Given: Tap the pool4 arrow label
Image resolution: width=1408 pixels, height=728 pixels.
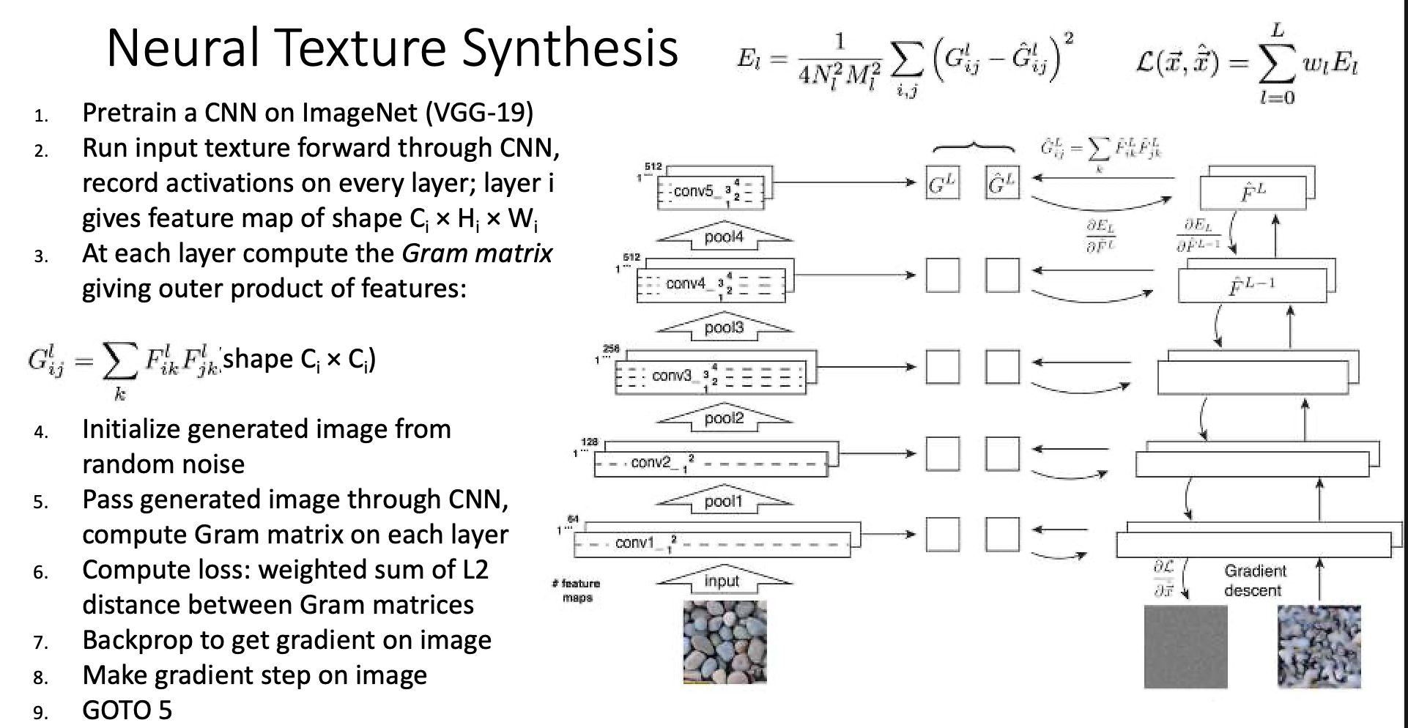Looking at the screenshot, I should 723,237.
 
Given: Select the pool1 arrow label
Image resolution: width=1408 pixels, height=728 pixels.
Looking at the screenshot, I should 723,502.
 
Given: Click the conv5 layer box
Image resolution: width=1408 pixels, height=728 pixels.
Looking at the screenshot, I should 711,192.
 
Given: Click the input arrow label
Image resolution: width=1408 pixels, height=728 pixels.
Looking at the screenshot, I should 722,582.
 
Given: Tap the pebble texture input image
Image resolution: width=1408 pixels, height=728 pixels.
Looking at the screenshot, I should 725,642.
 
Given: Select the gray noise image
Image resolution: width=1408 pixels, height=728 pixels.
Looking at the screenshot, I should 1185,647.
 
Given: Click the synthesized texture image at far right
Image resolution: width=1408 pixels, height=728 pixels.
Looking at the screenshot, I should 1319,647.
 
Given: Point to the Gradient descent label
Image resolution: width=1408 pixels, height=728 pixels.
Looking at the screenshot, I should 1253,581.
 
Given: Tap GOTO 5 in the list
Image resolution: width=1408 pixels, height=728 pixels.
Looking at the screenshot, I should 127,710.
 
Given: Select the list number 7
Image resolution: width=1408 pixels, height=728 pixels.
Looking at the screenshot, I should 41,643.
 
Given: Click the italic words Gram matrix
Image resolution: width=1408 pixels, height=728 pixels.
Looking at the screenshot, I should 477,253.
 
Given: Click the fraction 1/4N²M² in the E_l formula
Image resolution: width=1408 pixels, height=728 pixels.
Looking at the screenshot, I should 840,62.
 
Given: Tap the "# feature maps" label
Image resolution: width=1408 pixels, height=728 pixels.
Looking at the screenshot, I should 577,590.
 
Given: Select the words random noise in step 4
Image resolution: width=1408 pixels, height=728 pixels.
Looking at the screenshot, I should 163,464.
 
